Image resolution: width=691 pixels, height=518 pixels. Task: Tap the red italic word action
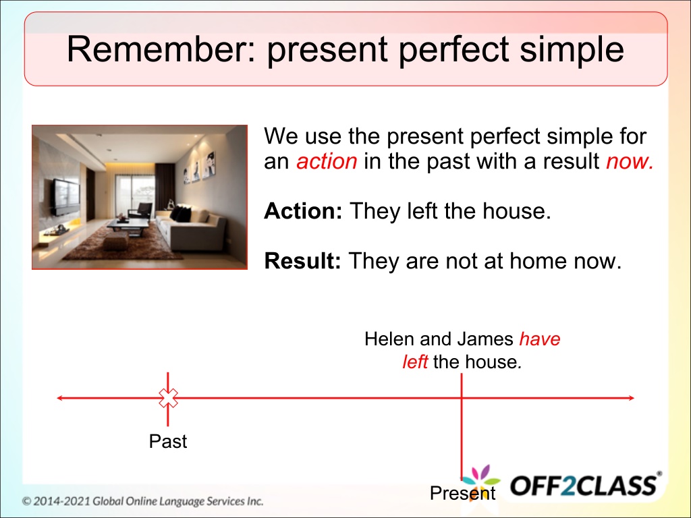[x=327, y=161]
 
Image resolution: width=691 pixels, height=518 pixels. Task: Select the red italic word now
[x=630, y=162]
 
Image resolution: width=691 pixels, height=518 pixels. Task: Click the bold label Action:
[x=303, y=211]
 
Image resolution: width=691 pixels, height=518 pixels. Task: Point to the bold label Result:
[x=302, y=261]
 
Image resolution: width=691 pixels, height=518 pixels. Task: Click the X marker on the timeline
[x=168, y=398]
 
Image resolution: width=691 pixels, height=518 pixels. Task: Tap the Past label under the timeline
[x=168, y=441]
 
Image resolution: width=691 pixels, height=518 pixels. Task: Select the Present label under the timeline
[x=463, y=493]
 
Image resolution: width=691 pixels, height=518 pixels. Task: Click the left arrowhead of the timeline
[x=60, y=398]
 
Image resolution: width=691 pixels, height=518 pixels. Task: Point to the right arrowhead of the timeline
[x=631, y=398]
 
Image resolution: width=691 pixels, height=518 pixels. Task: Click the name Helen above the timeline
[x=389, y=339]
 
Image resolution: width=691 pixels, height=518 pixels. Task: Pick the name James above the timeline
[x=485, y=339]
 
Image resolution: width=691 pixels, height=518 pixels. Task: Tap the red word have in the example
[x=540, y=339]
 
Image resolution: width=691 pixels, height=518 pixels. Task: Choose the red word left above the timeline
[x=415, y=362]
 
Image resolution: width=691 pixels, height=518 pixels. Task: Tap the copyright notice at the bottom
[x=143, y=501]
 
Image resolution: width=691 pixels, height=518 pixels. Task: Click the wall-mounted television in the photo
[x=67, y=197]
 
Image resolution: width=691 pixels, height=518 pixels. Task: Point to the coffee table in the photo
[x=128, y=226]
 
